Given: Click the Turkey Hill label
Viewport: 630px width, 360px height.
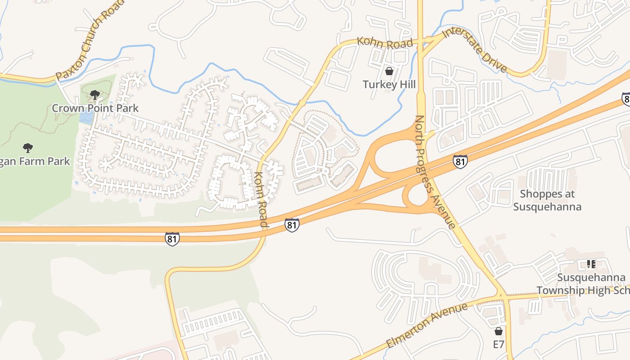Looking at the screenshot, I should pyautogui.click(x=389, y=85).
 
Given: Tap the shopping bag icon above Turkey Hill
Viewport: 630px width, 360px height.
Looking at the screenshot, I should pyautogui.click(x=389, y=71).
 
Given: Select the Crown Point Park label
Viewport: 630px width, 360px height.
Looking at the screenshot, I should pyautogui.click(x=95, y=108).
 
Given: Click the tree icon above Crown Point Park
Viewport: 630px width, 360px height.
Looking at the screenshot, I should pyautogui.click(x=95, y=94).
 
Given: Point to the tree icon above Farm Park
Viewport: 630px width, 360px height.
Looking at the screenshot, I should pyautogui.click(x=28, y=148).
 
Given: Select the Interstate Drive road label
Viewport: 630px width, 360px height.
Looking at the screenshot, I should pyautogui.click(x=475, y=50).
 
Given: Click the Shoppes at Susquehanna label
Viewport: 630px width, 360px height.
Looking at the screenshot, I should pyautogui.click(x=547, y=200).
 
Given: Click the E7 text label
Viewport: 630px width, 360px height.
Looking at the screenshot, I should pyautogui.click(x=498, y=345).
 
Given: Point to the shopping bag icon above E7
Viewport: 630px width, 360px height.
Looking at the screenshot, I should pyautogui.click(x=498, y=332).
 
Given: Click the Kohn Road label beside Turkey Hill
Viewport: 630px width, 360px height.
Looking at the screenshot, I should pyautogui.click(x=385, y=42).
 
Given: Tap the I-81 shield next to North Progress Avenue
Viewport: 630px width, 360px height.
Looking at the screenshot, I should pyautogui.click(x=460, y=162).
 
